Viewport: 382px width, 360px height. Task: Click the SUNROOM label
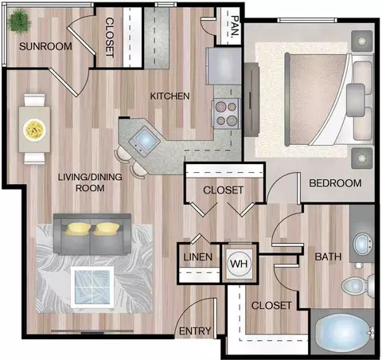tap(45, 46)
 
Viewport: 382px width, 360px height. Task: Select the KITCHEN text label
tap(170, 96)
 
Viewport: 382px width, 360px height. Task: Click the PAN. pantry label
tap(235, 25)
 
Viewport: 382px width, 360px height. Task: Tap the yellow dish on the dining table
tap(34, 130)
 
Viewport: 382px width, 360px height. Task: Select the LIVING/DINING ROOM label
tap(90, 182)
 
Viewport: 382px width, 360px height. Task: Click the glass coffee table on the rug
tap(92, 287)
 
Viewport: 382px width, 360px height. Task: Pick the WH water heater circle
tap(239, 264)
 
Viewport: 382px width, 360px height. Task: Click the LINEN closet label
tap(198, 257)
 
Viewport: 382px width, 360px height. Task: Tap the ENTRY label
tap(195, 331)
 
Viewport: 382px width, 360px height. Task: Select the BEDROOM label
tap(335, 183)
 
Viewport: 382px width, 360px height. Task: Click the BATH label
tap(328, 256)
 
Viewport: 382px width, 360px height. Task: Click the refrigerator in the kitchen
tap(224, 66)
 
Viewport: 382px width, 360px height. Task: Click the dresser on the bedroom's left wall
tap(251, 100)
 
